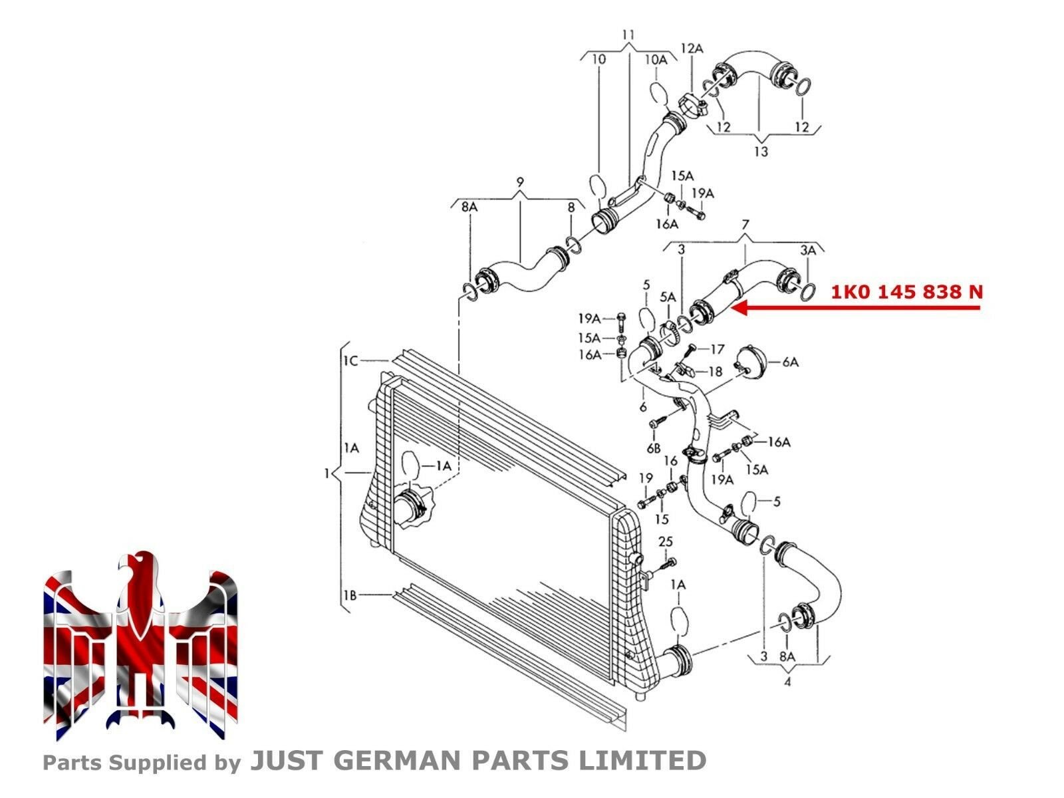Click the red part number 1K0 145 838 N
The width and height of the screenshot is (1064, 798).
906,292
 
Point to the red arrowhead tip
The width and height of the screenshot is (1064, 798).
731,308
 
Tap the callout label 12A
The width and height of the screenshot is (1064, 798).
692,49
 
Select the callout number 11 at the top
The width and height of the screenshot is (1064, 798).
628,35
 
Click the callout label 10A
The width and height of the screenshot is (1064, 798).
656,60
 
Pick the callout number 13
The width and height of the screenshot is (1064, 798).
761,152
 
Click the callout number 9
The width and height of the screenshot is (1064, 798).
520,183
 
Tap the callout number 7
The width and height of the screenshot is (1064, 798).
745,225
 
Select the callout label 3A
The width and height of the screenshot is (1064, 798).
808,251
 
